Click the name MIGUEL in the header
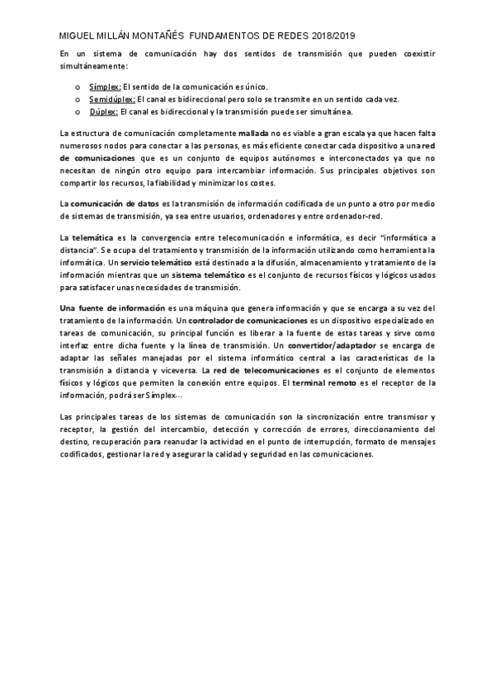coord(79,36)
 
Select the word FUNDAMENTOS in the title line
coord(226,36)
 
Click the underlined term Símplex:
coord(105,87)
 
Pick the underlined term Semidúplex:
coord(111,99)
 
